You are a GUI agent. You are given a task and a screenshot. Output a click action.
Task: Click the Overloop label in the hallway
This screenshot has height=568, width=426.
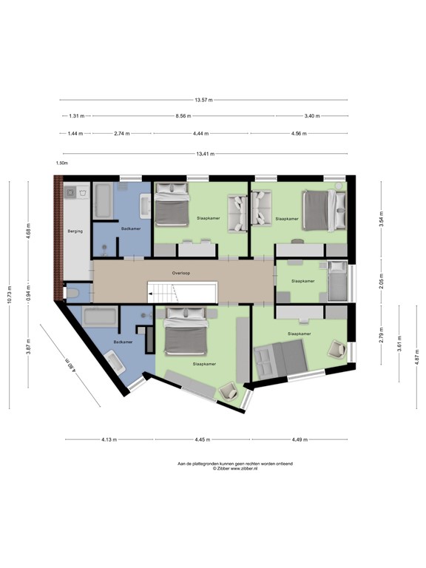(x=182, y=272)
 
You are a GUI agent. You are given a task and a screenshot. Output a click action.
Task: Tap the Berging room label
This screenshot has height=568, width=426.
(x=75, y=231)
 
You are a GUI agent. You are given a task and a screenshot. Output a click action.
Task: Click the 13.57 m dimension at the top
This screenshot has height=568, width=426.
(x=204, y=100)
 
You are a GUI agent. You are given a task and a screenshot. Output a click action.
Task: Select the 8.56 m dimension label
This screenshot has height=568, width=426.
(x=183, y=116)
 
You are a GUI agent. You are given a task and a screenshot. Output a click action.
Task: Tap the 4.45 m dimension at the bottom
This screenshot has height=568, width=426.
(x=203, y=440)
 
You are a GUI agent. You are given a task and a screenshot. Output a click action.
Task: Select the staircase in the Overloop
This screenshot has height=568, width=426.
(x=182, y=291)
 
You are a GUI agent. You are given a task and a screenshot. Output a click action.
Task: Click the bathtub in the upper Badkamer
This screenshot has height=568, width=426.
(x=103, y=200)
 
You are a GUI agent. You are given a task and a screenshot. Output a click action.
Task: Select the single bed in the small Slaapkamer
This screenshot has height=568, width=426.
(x=337, y=281)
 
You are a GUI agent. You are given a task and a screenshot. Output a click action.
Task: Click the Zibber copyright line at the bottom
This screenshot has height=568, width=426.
(x=235, y=468)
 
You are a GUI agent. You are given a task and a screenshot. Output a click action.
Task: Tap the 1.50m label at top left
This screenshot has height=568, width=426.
(x=61, y=163)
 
